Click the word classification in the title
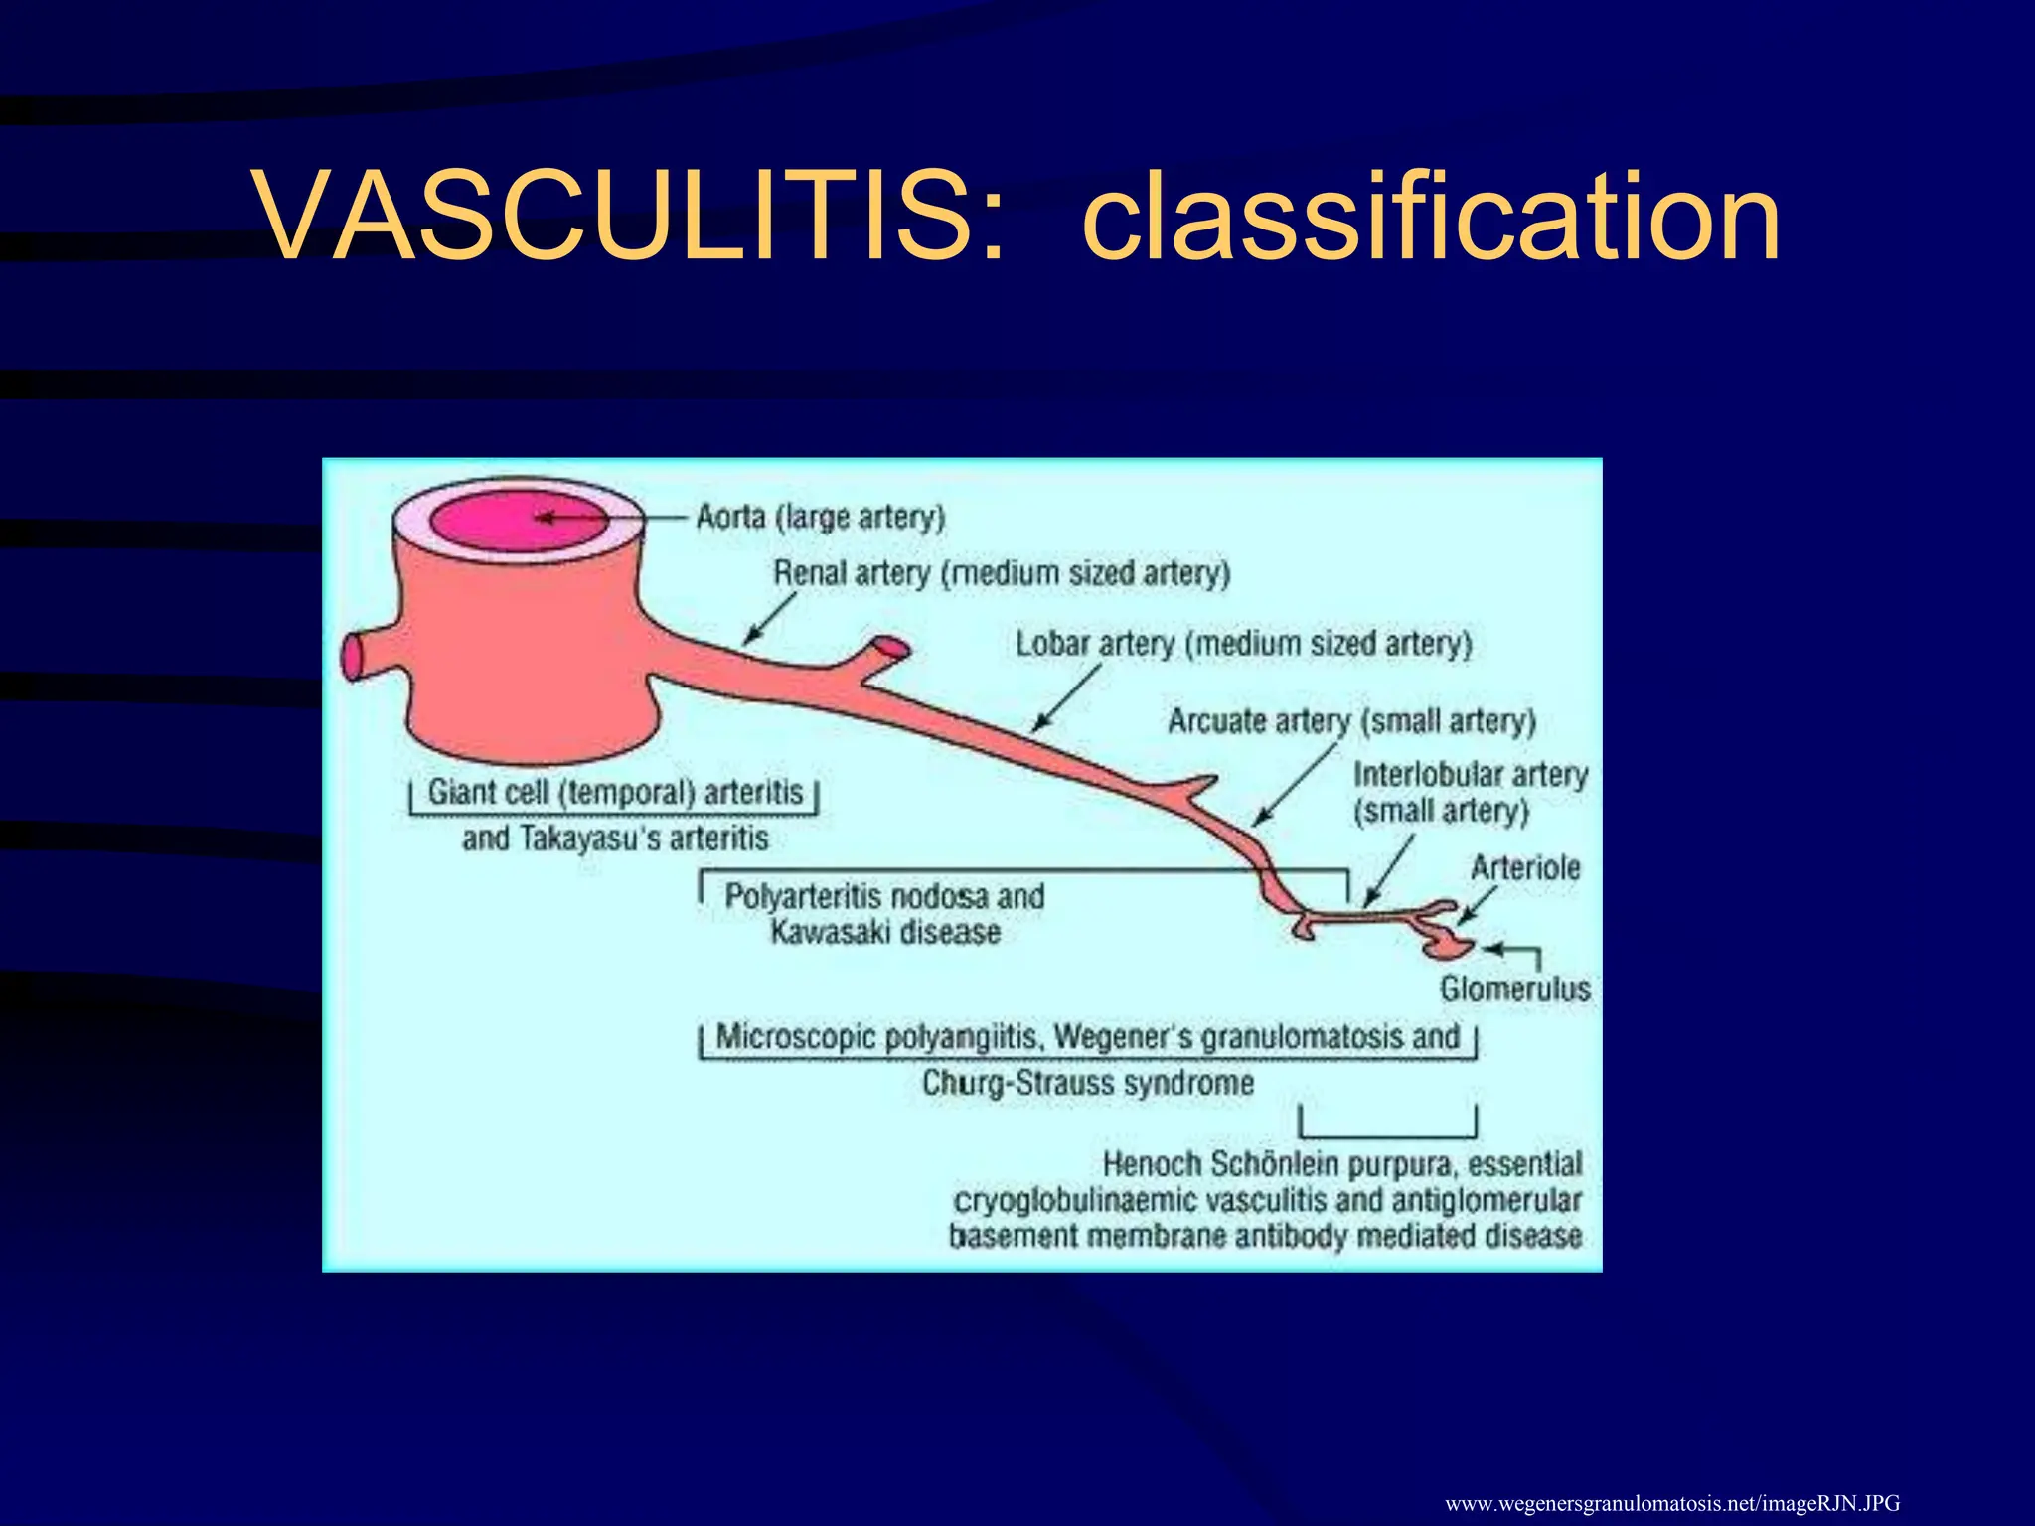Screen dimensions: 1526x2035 (1431, 217)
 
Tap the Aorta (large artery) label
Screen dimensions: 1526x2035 (820, 518)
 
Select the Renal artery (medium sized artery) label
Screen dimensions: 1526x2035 (1002, 573)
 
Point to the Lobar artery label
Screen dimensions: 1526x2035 (1242, 644)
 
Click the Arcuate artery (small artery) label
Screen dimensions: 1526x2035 (1351, 721)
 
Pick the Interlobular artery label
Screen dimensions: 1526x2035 (1470, 792)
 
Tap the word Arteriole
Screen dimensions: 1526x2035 (1524, 868)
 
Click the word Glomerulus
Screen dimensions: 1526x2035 (1514, 989)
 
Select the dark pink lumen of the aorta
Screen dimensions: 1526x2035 (517, 521)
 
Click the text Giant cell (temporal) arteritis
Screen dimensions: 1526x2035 (614, 792)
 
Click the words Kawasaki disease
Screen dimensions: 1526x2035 (884, 933)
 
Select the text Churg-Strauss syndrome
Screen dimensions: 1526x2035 (1087, 1082)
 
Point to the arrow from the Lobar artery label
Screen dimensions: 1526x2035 (1065, 699)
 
